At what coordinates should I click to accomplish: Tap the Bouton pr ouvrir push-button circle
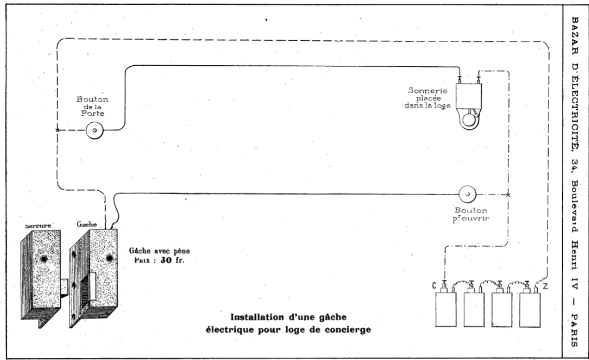coord(467,194)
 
